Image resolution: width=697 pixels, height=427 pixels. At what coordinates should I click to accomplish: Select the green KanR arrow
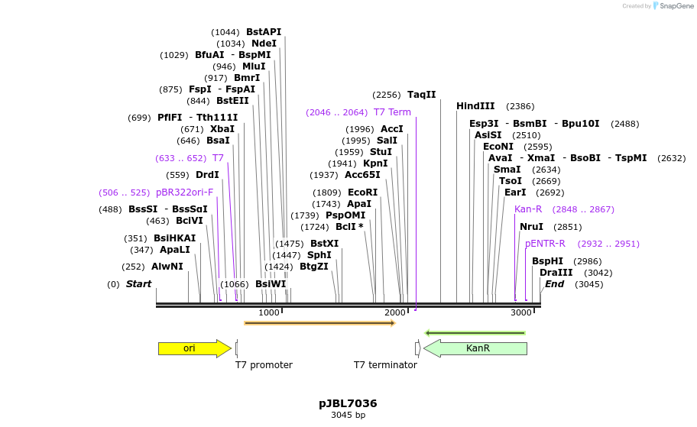476,348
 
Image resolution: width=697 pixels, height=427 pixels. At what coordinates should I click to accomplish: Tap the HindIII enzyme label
475,106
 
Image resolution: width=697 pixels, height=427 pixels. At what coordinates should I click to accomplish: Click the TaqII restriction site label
421,95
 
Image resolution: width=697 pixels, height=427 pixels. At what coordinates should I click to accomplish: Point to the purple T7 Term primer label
392,112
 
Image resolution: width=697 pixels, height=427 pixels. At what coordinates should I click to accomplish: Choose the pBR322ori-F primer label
184,192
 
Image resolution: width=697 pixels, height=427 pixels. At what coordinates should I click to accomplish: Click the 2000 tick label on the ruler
394,313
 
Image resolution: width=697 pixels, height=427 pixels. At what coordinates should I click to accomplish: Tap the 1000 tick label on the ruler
268,313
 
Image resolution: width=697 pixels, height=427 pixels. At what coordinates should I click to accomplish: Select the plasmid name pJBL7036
348,403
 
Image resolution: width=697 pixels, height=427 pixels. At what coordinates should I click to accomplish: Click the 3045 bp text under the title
348,416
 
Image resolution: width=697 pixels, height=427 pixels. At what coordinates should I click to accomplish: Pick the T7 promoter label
264,365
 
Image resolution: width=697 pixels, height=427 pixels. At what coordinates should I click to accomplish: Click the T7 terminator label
385,365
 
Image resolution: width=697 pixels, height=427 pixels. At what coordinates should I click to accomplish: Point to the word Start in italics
138,284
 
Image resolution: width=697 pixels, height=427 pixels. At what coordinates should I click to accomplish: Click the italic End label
554,284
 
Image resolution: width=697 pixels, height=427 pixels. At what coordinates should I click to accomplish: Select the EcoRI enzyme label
362,192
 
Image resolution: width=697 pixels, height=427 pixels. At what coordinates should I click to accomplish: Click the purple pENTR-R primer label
545,244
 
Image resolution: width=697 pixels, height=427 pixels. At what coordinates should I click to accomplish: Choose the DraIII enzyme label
556,273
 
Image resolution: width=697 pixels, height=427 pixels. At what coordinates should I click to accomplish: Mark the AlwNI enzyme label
167,267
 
